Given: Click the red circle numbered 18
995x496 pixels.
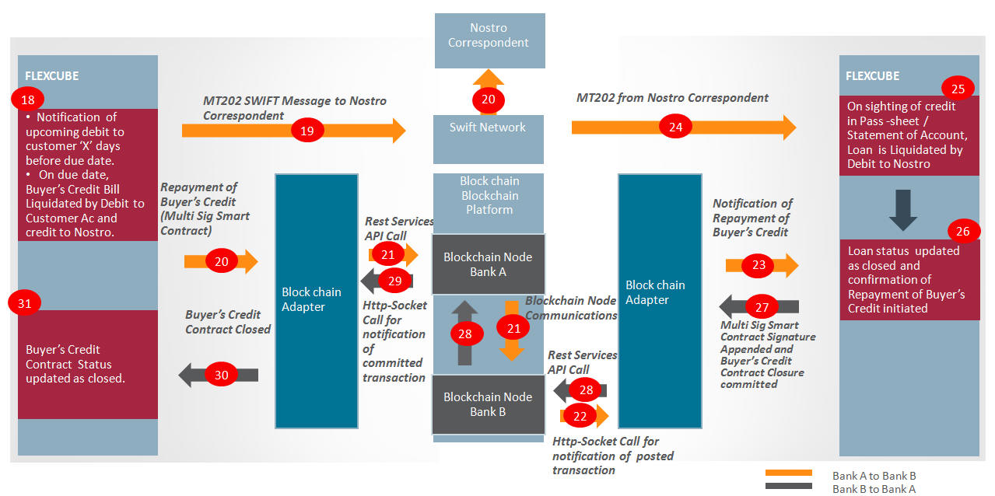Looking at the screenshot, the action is [27, 100].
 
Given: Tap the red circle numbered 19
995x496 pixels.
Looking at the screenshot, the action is [307, 131].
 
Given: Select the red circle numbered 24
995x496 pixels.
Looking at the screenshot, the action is [675, 127].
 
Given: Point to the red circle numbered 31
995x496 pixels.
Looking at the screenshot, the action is [24, 303].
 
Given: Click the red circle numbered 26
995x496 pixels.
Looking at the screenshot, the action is [962, 231].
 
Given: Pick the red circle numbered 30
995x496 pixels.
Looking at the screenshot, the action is [221, 375].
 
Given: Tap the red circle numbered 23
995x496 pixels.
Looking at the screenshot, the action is [759, 265].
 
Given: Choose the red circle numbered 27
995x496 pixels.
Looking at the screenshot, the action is [762, 307].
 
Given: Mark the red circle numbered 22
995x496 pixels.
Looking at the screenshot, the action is [580, 416].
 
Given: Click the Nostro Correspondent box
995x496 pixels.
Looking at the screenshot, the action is [489, 40].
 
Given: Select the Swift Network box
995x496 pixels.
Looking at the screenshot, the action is [489, 139].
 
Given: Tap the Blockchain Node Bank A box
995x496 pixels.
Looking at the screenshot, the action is [489, 264].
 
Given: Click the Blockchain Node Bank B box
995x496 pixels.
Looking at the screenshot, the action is [489, 404].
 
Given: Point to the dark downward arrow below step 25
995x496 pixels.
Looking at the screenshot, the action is [903, 210].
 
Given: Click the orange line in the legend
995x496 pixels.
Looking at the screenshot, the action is [788, 473].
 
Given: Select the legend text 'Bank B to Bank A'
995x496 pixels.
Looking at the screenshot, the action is [874, 489].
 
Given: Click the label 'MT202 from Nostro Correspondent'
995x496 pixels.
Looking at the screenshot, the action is [672, 98].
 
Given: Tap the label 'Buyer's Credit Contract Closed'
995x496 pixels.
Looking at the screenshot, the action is [228, 322].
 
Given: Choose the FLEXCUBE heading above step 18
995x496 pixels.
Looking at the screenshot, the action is [52, 76].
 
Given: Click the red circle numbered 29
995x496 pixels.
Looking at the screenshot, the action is [394, 281].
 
